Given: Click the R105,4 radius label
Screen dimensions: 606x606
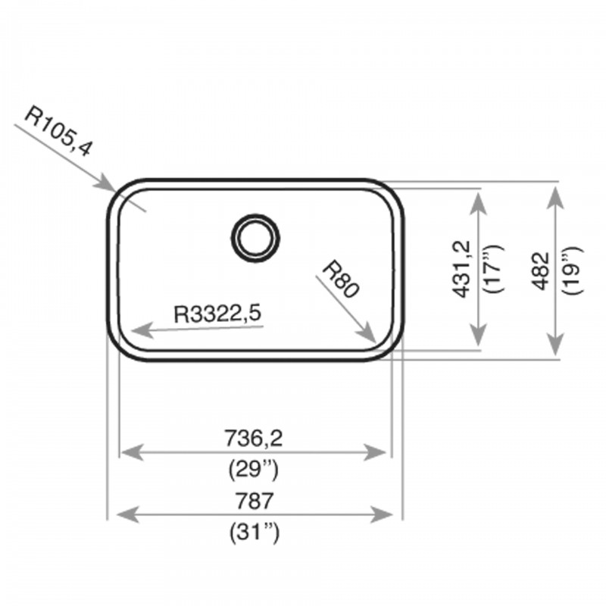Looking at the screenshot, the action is [x=58, y=132].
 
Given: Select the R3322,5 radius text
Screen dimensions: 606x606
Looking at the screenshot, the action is [x=218, y=314].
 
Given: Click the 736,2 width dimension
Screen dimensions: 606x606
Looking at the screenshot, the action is [x=254, y=439].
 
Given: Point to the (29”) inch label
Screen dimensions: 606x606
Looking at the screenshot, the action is [x=254, y=470].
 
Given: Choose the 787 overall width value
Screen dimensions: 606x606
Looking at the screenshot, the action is [x=255, y=501].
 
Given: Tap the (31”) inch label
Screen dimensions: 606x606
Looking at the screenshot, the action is [x=254, y=533].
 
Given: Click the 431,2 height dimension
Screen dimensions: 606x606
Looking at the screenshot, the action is [x=462, y=270].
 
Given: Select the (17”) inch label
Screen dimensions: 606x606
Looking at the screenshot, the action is [x=495, y=269].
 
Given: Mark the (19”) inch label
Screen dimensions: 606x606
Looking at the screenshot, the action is [x=573, y=270].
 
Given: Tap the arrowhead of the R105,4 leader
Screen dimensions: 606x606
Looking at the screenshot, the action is [x=106, y=183].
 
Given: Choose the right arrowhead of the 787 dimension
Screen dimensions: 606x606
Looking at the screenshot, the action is [x=382, y=514].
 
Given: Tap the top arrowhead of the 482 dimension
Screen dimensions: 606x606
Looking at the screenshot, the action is [x=555, y=198].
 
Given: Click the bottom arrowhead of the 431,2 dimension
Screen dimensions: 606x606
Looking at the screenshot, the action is [x=479, y=335].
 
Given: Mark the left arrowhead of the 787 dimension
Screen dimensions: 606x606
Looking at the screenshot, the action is [x=128, y=515].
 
